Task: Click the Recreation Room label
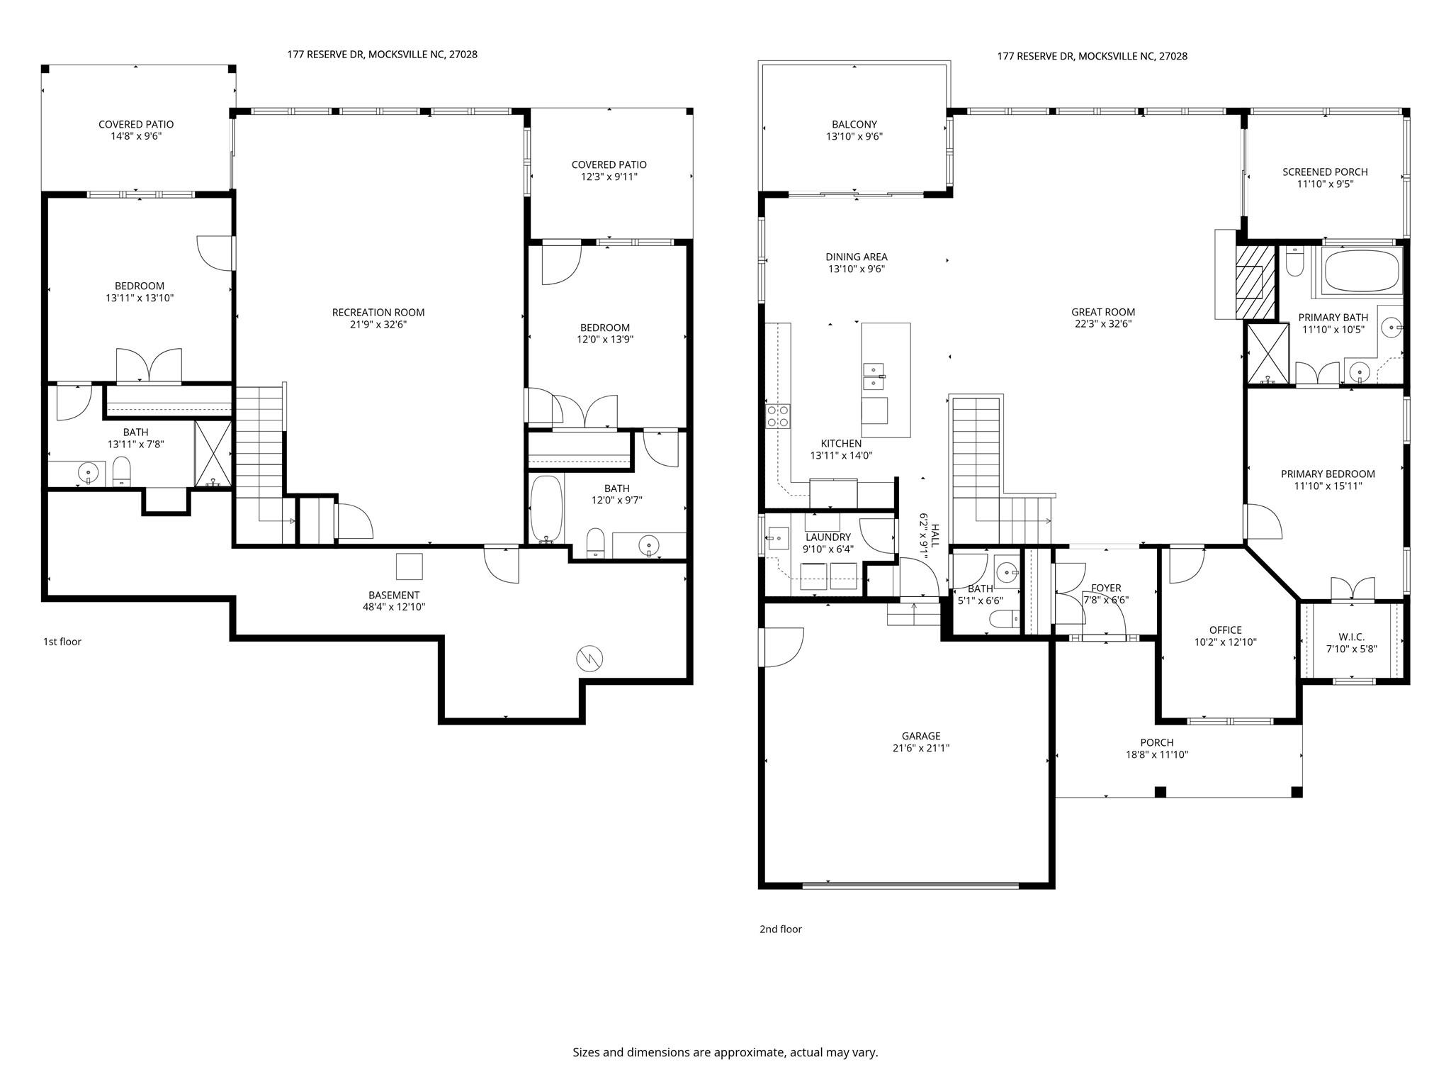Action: (x=378, y=312)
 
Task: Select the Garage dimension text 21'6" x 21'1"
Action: (x=921, y=748)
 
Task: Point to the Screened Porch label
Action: (x=1325, y=172)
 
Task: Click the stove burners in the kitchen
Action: (x=778, y=415)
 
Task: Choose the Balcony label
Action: (x=854, y=124)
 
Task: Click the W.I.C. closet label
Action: (x=1351, y=637)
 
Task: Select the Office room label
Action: (x=1225, y=630)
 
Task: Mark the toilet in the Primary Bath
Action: (x=1294, y=263)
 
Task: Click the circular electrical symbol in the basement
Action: (x=589, y=659)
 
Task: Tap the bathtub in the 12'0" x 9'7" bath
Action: (x=546, y=508)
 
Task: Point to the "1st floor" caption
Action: (x=62, y=642)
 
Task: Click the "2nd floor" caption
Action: (x=780, y=929)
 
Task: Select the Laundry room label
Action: (x=828, y=537)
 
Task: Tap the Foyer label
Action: (x=1106, y=588)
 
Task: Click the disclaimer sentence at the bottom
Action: (x=725, y=1052)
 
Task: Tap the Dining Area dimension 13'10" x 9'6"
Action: (x=857, y=269)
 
